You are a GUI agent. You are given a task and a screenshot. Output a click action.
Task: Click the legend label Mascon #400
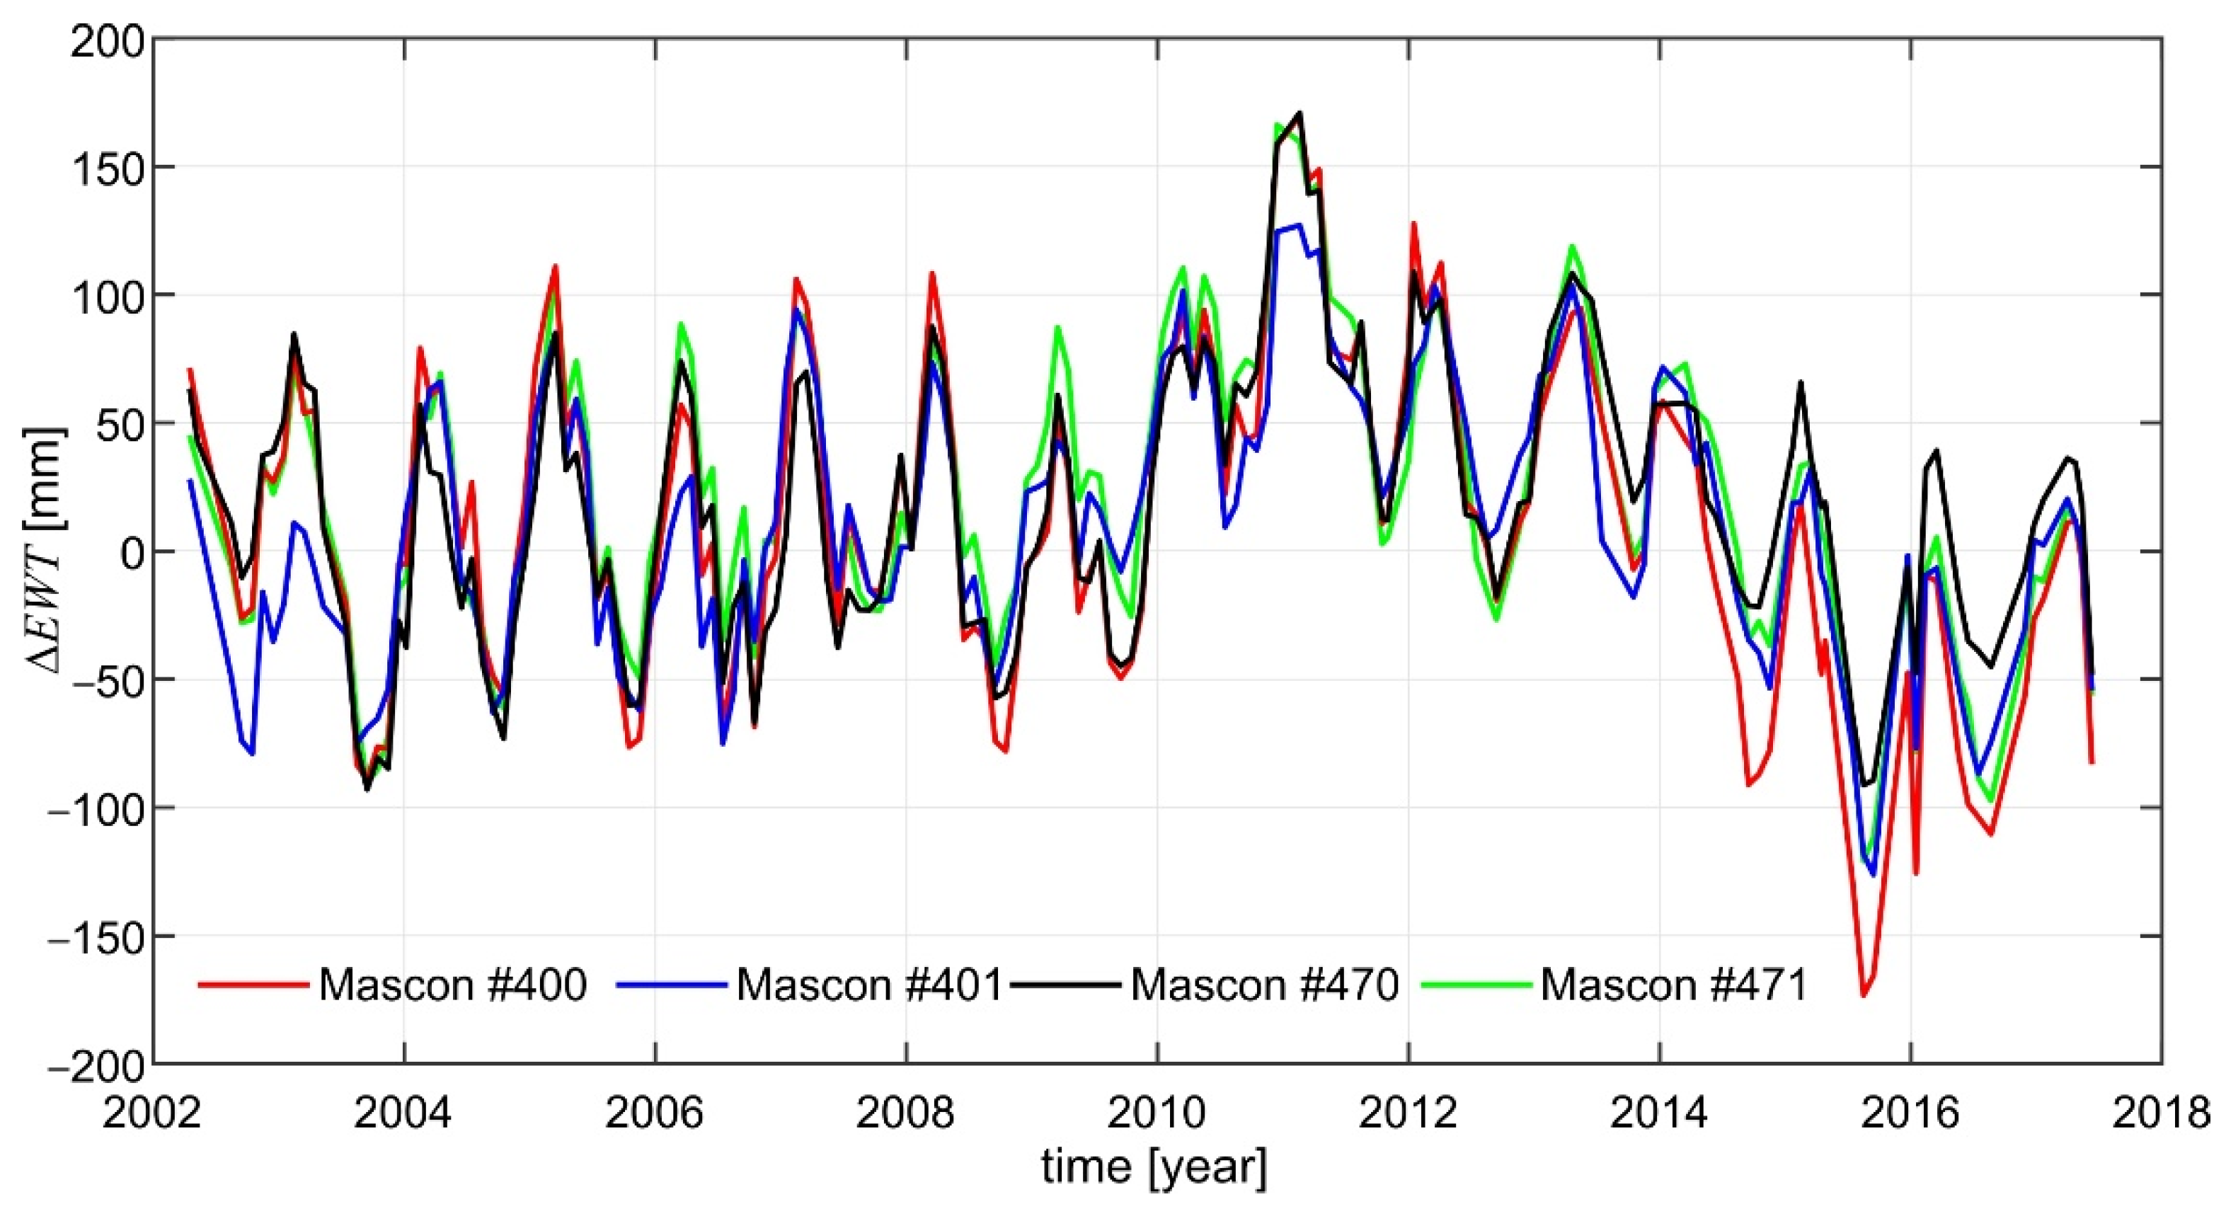452,985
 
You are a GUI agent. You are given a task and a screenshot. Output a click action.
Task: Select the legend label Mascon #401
869,985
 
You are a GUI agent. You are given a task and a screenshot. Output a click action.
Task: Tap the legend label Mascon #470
1264,985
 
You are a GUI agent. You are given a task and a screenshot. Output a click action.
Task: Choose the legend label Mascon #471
1674,985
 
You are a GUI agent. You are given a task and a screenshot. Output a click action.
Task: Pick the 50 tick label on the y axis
118,424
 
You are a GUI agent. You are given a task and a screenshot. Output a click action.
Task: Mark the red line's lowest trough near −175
1864,995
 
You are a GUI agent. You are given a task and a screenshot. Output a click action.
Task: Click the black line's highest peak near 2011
1300,113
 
